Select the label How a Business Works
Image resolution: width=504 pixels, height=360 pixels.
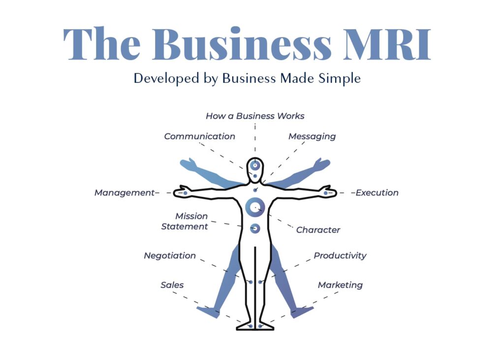click(x=255, y=116)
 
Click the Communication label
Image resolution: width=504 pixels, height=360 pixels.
click(x=199, y=136)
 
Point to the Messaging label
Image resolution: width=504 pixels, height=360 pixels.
click(x=312, y=136)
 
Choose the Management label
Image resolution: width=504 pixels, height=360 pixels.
click(x=125, y=193)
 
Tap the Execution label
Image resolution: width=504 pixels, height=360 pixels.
click(x=377, y=193)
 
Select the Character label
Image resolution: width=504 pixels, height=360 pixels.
click(x=318, y=230)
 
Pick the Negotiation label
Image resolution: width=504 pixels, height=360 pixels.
click(x=170, y=256)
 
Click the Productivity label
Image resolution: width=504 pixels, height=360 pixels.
click(x=340, y=256)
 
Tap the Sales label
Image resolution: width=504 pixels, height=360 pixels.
click(x=172, y=285)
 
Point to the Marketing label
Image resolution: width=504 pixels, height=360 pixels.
click(x=340, y=285)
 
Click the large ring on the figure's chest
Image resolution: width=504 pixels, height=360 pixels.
click(x=255, y=207)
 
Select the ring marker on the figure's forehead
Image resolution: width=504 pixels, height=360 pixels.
click(x=255, y=165)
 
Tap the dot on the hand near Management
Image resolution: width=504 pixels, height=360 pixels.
click(x=185, y=193)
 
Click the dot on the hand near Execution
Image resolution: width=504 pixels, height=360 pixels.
click(x=326, y=193)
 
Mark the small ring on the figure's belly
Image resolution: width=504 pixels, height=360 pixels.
click(x=255, y=228)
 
